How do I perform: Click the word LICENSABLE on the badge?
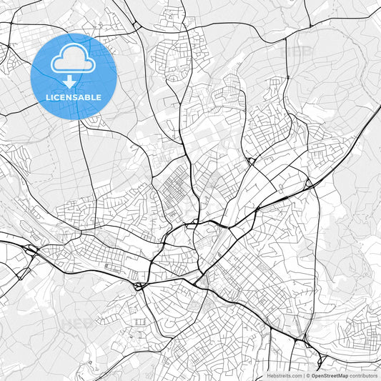[x=73, y=97]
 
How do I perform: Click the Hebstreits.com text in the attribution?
[x=284, y=375]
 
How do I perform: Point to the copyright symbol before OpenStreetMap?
[x=308, y=375]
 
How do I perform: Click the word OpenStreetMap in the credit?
[x=330, y=375]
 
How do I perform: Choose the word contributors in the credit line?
[x=363, y=375]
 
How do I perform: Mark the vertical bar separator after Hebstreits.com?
[x=303, y=375]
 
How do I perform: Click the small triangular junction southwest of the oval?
[x=21, y=274]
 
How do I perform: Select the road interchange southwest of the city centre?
[x=140, y=285]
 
